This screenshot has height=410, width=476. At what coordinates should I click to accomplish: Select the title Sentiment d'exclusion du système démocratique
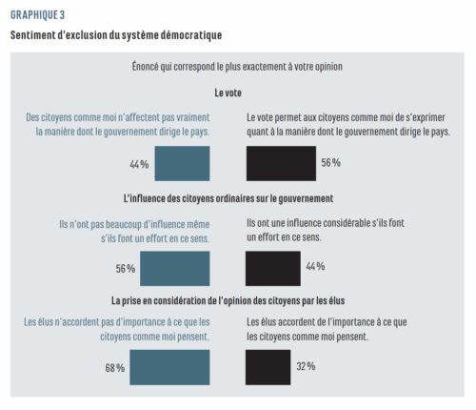coord(115,35)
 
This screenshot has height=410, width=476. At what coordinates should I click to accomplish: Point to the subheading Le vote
coord(228,92)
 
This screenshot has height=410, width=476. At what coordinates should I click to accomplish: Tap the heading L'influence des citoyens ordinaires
coord(228,198)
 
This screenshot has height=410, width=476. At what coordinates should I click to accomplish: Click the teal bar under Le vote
coord(182,163)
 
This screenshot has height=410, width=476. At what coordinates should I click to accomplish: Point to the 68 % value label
coord(115,368)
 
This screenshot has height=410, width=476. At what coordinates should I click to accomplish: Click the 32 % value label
coord(307,367)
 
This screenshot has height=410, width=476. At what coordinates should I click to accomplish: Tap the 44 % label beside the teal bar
coord(139,164)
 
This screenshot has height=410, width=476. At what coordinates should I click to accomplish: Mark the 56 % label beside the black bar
coord(330,163)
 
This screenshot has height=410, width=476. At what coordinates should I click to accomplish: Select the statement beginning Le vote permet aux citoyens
coord(347,124)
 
